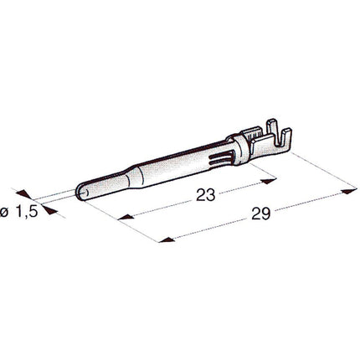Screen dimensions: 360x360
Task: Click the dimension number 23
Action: click(x=206, y=194)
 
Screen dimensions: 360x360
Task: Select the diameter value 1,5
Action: click(x=27, y=212)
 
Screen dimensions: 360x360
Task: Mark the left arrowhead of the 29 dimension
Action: click(x=167, y=241)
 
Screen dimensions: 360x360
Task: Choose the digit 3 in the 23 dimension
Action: click(x=211, y=194)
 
